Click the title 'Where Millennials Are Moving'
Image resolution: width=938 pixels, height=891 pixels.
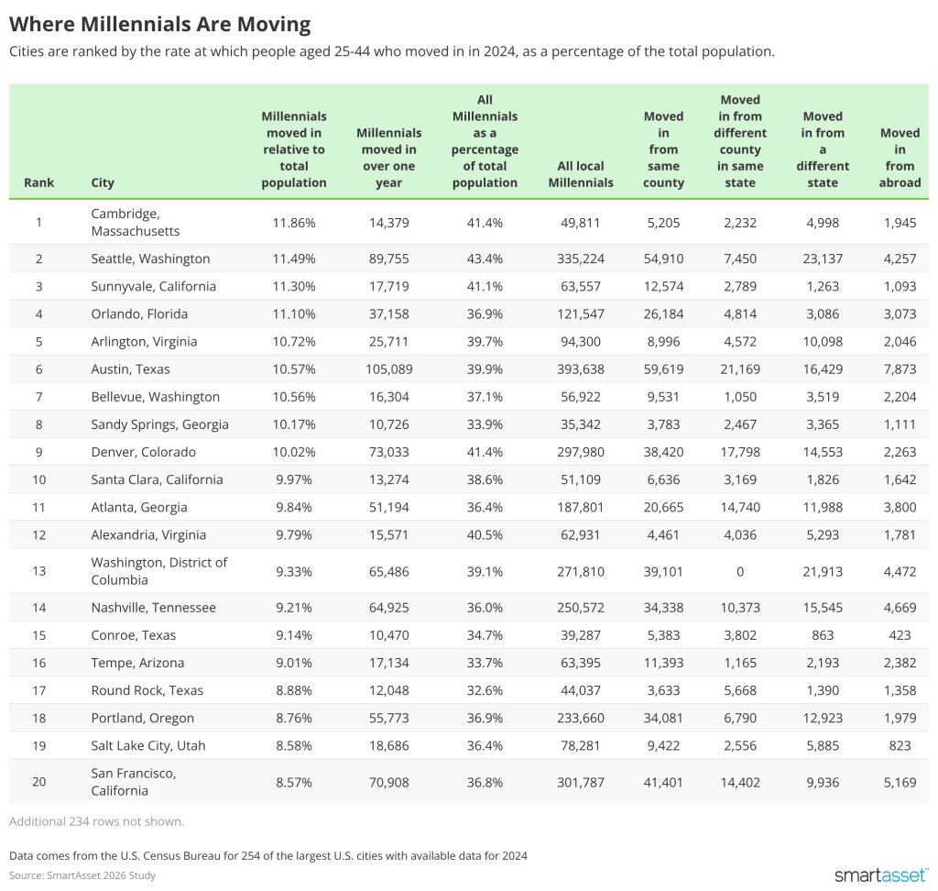pyautogui.click(x=159, y=23)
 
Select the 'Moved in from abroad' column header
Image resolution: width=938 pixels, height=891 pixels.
pyautogui.click(x=899, y=158)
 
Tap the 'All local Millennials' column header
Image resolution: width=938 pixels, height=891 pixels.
pyautogui.click(x=581, y=174)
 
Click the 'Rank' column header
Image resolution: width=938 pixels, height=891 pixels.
pyautogui.click(x=39, y=182)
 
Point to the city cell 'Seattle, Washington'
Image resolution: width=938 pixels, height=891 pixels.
pyautogui.click(x=150, y=258)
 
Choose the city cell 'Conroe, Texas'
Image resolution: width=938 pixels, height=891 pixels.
pyautogui.click(x=134, y=635)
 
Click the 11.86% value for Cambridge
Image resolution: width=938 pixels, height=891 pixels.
pyautogui.click(x=294, y=222)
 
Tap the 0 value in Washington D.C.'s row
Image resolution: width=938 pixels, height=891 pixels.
pyautogui.click(x=740, y=571)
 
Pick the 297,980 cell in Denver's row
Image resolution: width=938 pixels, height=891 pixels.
pyautogui.click(x=581, y=452)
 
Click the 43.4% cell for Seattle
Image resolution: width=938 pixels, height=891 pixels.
pyautogui.click(x=485, y=258)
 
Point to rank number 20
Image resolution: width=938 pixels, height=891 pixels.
pyautogui.click(x=39, y=782)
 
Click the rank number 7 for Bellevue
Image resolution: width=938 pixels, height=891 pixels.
pyautogui.click(x=39, y=397)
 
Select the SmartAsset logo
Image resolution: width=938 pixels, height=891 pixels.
pyautogui.click(x=881, y=875)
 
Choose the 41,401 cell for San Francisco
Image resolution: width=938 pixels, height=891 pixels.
pyautogui.click(x=663, y=782)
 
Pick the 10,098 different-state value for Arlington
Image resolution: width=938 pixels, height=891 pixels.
pyautogui.click(x=823, y=342)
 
